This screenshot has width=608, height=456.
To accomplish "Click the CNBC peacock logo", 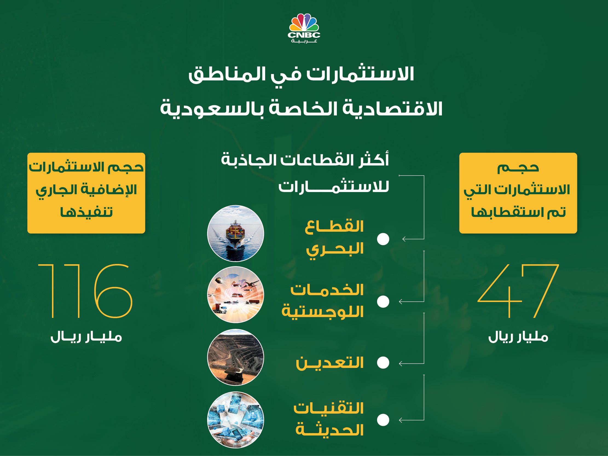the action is coord(304,28).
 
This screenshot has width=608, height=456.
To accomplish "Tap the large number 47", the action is coord(519,291).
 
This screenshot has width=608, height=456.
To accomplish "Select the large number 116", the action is coord(85,291).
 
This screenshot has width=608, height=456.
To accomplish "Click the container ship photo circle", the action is coord(236,233).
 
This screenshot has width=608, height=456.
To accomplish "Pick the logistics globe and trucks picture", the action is coord(236,295).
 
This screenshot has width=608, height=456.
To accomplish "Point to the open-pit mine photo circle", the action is coord(236,357).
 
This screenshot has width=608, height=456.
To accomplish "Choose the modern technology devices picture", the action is coord(236,420).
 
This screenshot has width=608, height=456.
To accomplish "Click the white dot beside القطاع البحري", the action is coord(383,239).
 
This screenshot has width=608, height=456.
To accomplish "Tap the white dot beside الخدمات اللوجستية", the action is coord(383,301).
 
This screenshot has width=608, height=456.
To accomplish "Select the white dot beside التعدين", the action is coord(383,362).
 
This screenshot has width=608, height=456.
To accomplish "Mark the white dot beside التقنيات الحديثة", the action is coord(383,420).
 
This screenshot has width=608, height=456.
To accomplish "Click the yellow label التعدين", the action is coord(329,362).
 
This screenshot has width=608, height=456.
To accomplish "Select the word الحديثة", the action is coord(329,430).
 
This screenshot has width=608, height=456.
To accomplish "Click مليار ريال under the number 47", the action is coord(518,337).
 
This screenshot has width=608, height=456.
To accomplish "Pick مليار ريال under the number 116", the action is coord(86,337).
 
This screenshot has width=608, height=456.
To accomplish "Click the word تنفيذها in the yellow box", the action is coord(86,212).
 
